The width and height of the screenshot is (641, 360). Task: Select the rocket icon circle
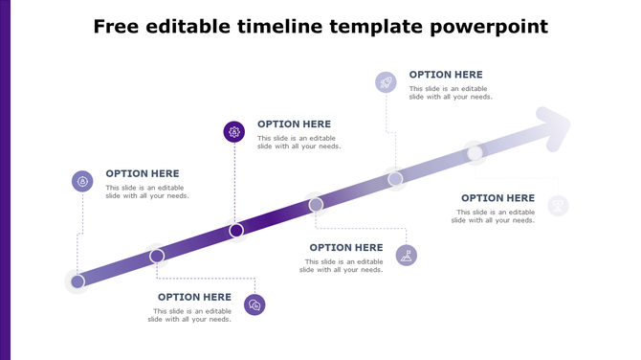[x=386, y=82]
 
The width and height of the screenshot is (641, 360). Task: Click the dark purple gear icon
[x=234, y=132]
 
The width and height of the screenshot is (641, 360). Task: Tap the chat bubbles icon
[x=254, y=304]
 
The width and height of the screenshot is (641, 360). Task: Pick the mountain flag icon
[x=407, y=255]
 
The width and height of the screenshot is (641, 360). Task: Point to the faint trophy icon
[x=558, y=205]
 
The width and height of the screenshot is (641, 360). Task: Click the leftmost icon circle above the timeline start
[x=83, y=181]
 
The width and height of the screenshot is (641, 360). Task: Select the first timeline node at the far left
[x=77, y=281]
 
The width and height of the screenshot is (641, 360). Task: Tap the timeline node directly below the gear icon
[x=236, y=230]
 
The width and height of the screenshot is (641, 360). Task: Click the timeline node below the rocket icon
[x=395, y=178]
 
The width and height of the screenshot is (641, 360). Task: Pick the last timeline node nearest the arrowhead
[x=475, y=152]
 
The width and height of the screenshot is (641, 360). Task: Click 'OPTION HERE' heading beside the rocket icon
[x=446, y=75]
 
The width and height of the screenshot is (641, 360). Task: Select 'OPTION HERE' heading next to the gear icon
[x=294, y=124]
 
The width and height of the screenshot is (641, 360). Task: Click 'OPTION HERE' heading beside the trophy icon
[x=497, y=198]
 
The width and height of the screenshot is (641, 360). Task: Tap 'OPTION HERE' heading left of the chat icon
[x=194, y=297]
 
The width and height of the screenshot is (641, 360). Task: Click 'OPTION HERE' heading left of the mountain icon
[x=345, y=248]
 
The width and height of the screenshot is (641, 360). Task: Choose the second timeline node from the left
[x=157, y=256]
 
